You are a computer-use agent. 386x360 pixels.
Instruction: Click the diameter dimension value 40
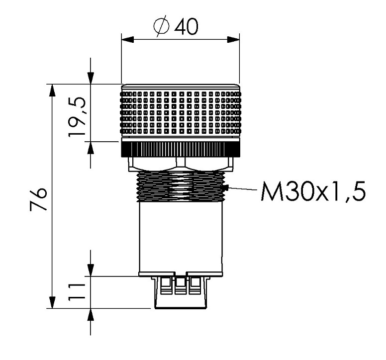pos(186,26)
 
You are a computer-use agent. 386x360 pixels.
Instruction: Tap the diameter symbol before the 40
pos(162,26)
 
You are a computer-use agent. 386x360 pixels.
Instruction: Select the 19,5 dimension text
pos(77,117)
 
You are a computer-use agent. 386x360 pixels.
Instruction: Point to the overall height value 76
pos(38,199)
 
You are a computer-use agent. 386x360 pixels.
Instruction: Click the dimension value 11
pos(77,292)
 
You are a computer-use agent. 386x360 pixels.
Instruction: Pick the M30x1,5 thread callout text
pos(313,192)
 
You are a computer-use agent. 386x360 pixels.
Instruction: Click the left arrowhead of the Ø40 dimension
pos(127,40)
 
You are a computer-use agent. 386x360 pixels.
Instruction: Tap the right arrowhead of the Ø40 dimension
pos(233,40)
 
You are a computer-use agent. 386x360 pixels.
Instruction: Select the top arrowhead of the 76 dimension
pos(52,90)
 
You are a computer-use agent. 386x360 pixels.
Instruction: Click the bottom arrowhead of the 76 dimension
pos(52,302)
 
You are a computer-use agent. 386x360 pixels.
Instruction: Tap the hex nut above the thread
pos(181,164)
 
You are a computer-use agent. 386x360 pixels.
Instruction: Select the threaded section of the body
pos(181,186)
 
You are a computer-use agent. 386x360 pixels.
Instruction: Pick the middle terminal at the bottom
pos(181,286)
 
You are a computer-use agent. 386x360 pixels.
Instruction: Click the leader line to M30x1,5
pos(242,189)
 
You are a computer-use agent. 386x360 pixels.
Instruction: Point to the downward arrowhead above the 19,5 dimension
pos(91,78)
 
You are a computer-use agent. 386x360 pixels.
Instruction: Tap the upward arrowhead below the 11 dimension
pos(91,314)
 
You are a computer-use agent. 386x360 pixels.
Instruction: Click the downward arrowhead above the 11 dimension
pos(91,270)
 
